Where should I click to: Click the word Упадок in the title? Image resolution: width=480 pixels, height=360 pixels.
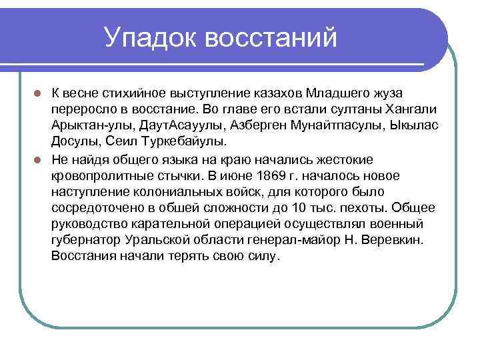coord(149,37)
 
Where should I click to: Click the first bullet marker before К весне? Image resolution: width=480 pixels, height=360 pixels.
coord(39,92)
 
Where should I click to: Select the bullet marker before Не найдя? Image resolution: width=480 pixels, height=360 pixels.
coord(39,159)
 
